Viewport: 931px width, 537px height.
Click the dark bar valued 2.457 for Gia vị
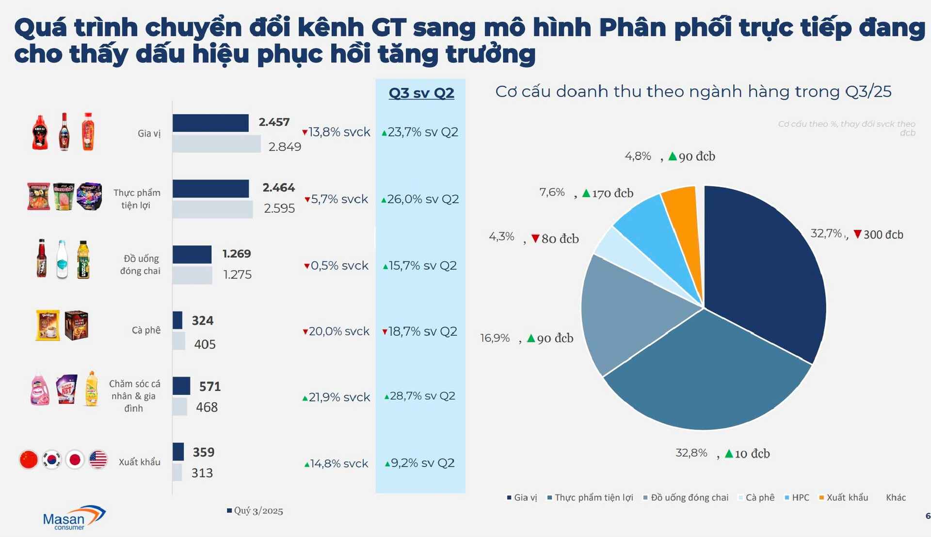210,123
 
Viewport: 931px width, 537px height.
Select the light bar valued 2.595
212,209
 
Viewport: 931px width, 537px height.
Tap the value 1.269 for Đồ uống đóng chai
237,254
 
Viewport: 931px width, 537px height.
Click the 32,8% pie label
691,453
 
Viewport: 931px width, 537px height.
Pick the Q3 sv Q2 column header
421,93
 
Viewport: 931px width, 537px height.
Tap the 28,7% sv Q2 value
420,396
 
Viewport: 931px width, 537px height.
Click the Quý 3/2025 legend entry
255,511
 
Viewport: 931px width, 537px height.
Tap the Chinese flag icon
29,459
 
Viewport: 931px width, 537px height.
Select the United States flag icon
98,459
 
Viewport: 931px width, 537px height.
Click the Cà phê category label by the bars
146,330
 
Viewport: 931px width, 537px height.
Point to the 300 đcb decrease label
878,235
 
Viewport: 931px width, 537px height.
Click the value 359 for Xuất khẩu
203,452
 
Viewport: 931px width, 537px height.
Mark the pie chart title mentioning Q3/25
693,92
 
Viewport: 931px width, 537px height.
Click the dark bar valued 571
181,386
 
